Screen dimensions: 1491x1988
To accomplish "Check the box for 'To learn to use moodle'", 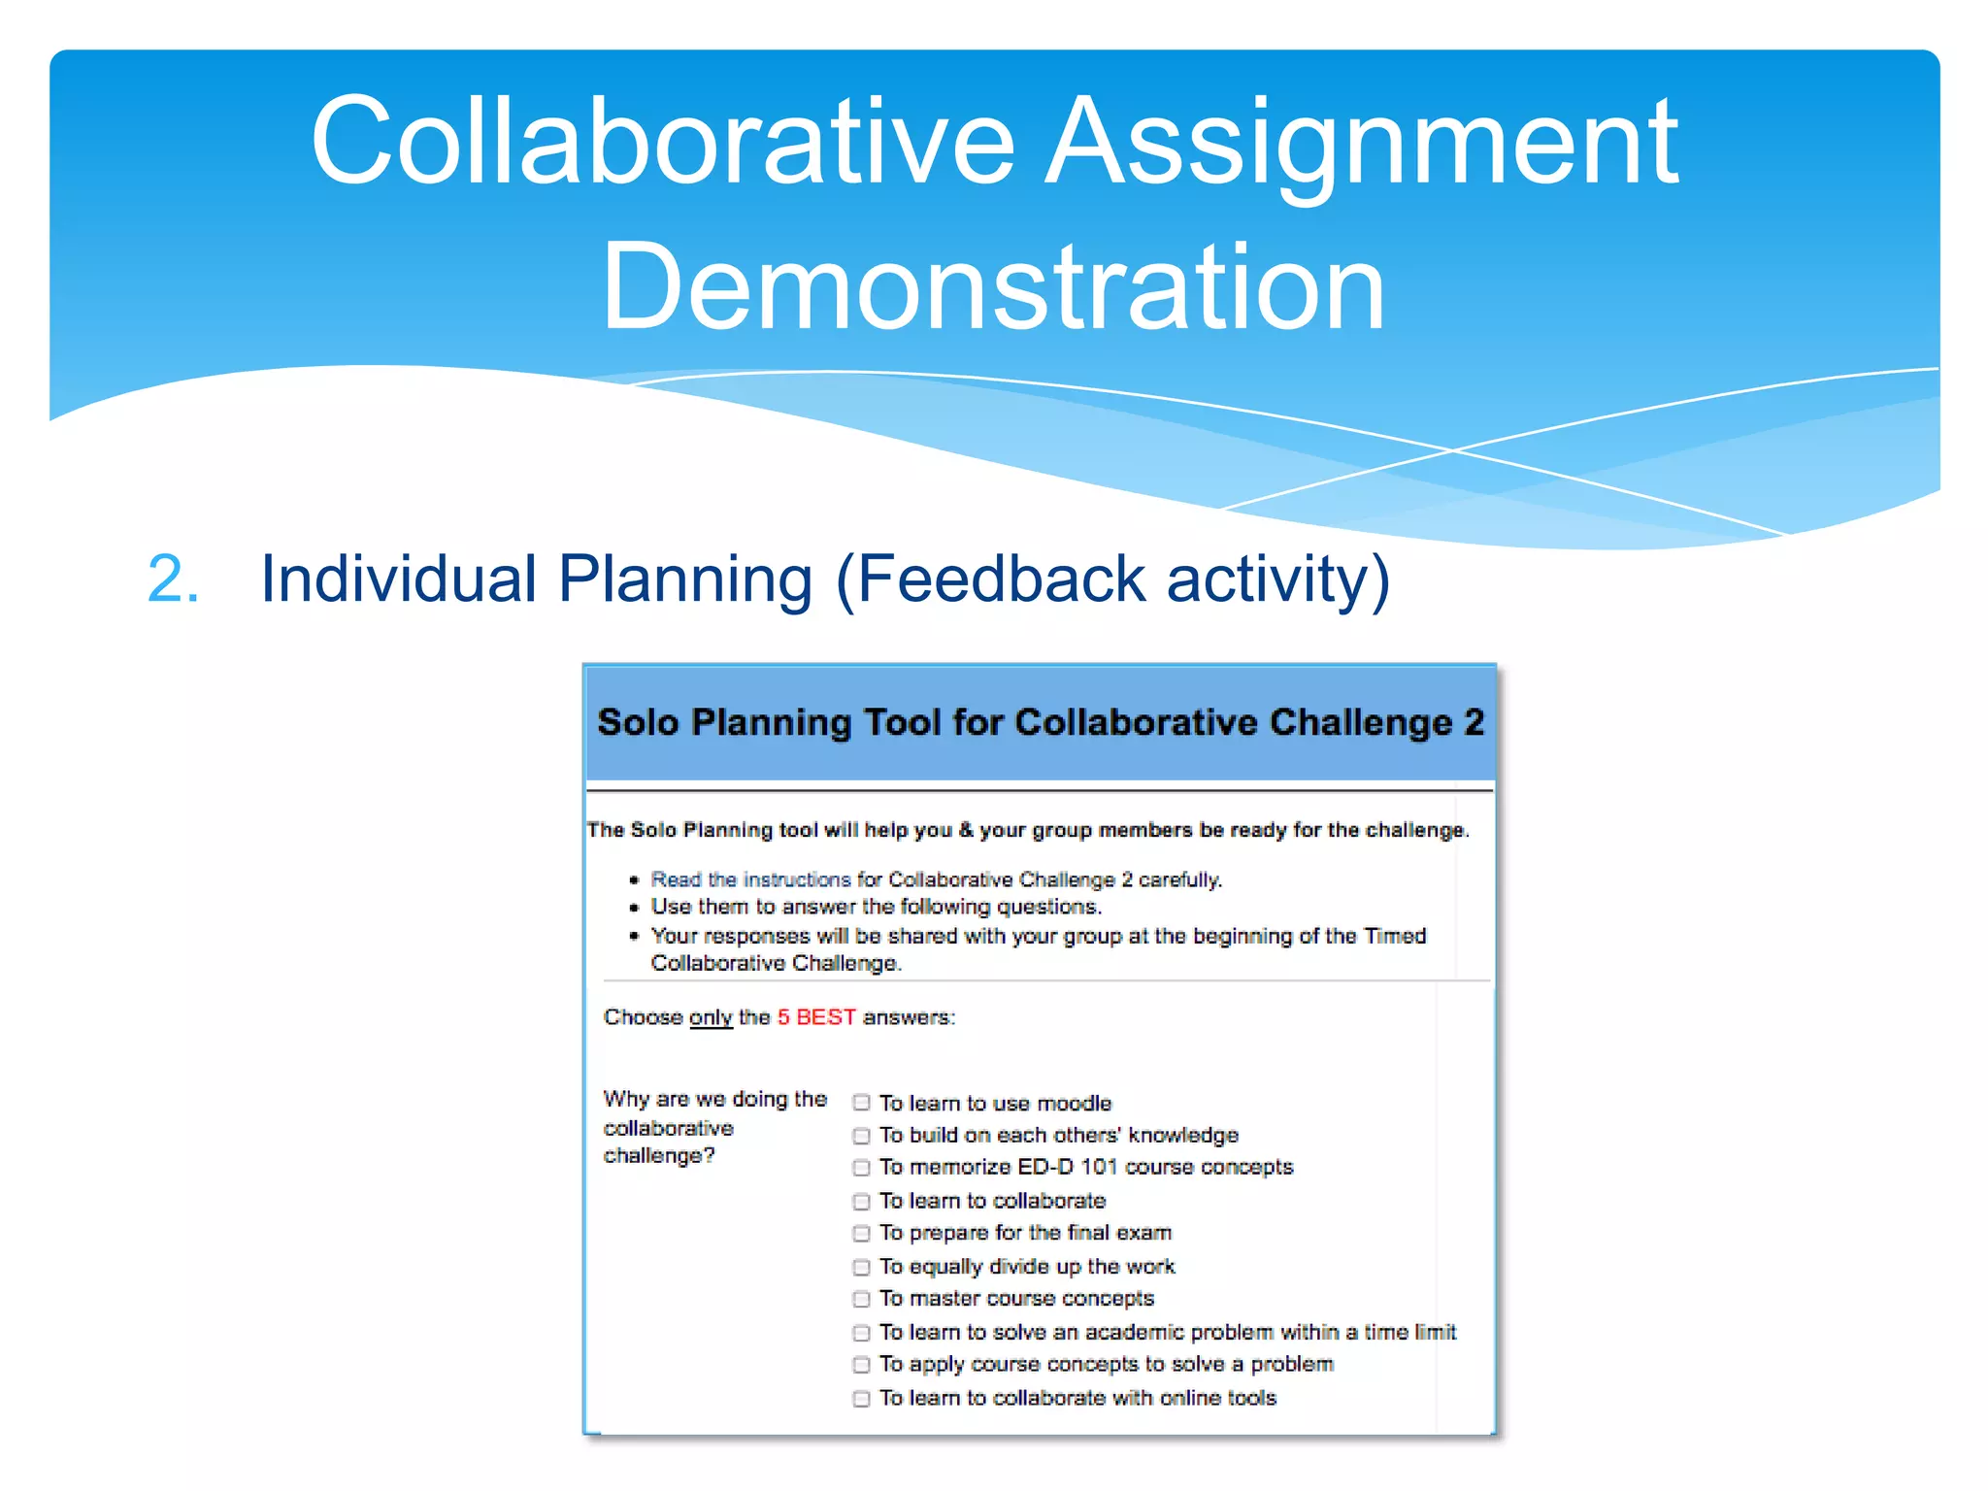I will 861,1103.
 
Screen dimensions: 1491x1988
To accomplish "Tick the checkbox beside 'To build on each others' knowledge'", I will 861,1136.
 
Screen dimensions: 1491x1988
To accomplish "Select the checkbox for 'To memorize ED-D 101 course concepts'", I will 861,1168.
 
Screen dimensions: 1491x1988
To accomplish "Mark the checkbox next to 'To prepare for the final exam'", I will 861,1234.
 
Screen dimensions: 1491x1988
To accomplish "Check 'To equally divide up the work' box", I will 861,1267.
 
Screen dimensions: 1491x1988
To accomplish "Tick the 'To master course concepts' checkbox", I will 861,1299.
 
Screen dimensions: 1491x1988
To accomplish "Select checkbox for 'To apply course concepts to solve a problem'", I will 861,1365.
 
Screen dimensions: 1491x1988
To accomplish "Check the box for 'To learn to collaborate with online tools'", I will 861,1399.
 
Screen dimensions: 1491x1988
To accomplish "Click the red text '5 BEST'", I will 816,1017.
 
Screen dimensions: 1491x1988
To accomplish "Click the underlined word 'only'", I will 711,1017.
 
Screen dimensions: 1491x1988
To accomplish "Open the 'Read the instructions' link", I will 750,879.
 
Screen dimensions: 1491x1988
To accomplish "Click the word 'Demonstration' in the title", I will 993,288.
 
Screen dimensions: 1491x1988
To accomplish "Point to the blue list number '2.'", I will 174,580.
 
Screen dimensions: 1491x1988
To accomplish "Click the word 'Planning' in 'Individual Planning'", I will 685,580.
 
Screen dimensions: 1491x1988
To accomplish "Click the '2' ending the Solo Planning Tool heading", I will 1474,722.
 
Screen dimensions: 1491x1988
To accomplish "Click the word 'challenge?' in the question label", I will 659,1156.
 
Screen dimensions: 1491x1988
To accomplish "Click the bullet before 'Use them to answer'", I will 634,908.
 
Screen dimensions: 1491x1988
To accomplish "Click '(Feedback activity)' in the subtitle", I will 1112,580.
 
